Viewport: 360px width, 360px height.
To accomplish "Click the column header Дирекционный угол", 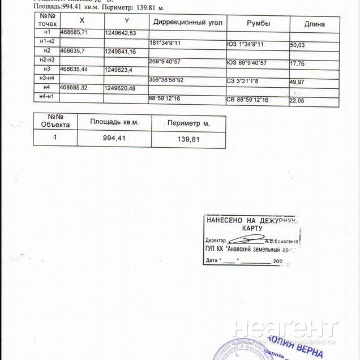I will [188, 23].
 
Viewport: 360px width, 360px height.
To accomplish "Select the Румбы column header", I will [258, 23].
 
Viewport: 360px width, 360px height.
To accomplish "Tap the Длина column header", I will [314, 24].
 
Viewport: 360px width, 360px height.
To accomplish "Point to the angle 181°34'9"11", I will [165, 43].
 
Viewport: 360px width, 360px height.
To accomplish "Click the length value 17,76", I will [297, 63].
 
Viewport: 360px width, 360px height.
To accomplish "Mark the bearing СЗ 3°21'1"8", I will [243, 81].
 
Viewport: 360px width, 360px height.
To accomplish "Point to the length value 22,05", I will [297, 100].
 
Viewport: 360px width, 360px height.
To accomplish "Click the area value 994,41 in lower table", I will [114, 138].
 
